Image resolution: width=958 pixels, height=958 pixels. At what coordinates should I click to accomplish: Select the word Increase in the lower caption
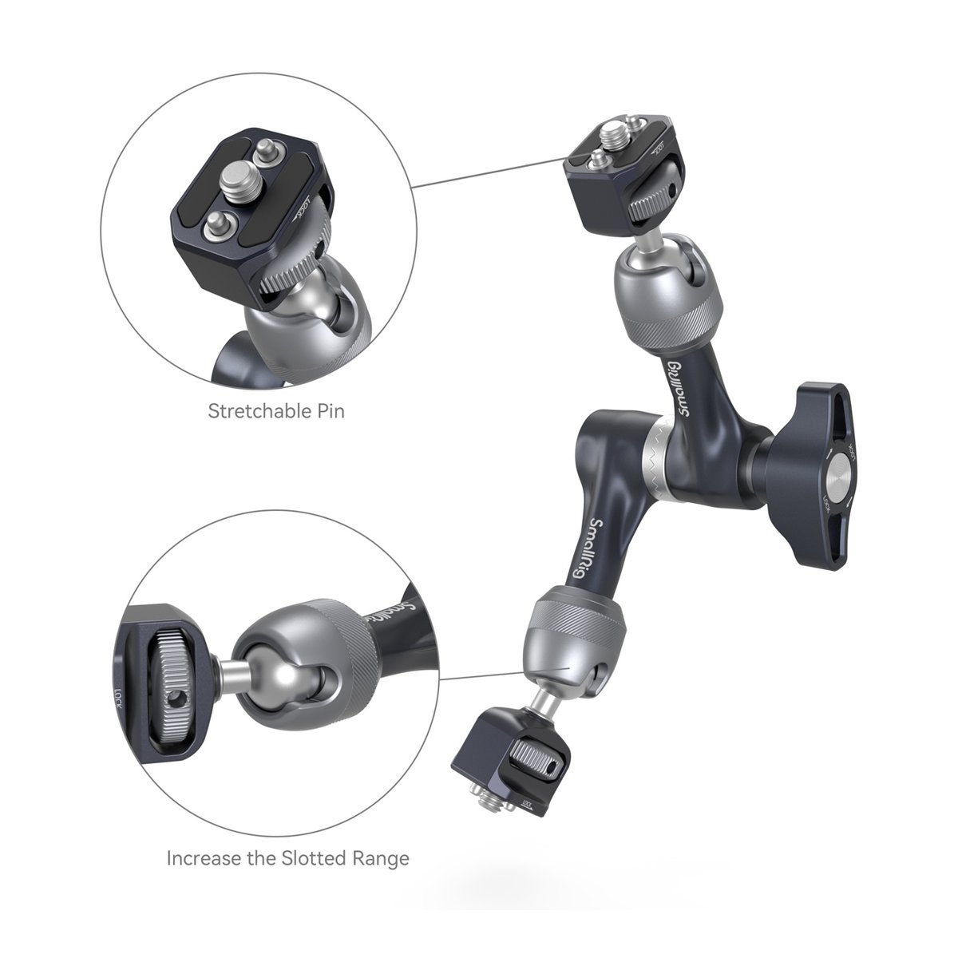[204, 830]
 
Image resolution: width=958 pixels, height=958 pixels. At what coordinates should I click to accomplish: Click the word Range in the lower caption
[381, 831]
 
